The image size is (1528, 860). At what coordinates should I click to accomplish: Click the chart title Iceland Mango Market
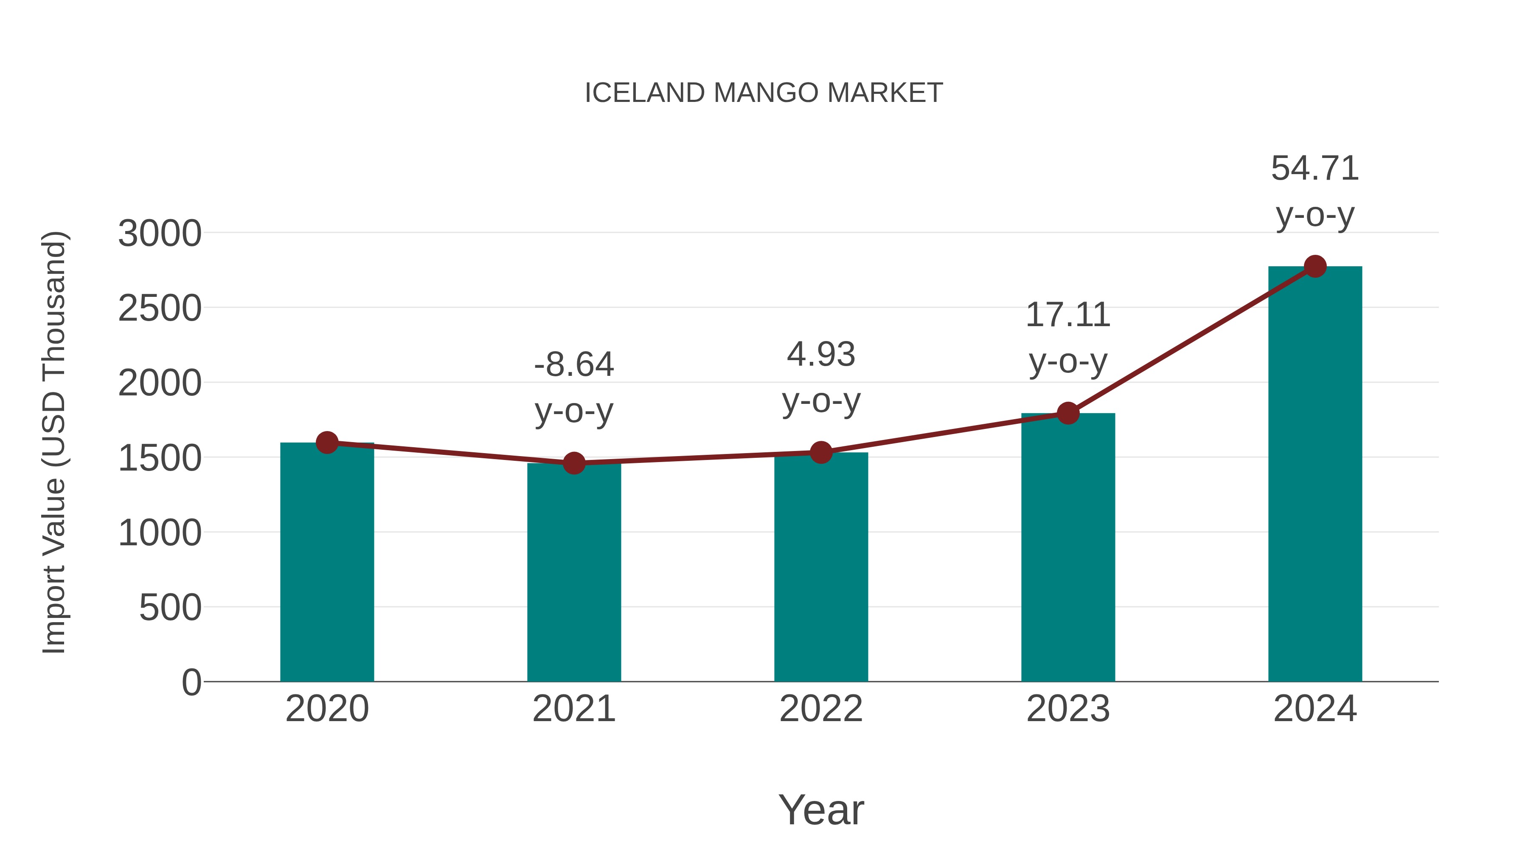(x=764, y=93)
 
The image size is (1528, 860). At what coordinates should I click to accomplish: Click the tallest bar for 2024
(x=1315, y=475)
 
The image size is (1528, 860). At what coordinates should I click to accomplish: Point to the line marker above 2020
(x=327, y=442)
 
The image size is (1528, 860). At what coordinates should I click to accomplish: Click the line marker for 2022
(x=821, y=452)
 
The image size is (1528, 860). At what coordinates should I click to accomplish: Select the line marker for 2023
(x=1068, y=413)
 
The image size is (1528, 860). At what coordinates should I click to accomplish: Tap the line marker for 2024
(x=1315, y=266)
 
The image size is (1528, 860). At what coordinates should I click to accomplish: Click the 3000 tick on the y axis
(x=160, y=233)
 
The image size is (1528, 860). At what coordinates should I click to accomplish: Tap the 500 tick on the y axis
(x=170, y=608)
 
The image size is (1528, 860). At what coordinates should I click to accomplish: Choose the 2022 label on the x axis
(x=821, y=709)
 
